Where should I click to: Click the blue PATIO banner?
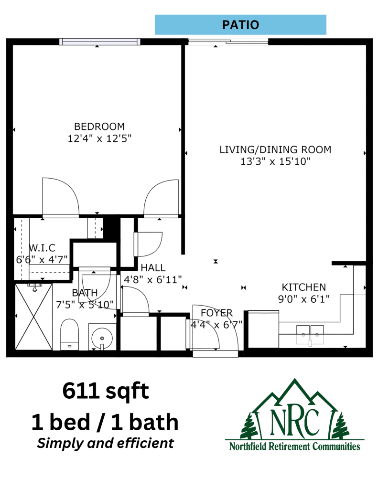[240, 25]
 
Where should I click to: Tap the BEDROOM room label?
[99, 127]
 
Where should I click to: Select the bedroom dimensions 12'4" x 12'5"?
[99, 138]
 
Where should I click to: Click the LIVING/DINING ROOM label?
[275, 149]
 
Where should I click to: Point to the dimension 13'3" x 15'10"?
[275, 161]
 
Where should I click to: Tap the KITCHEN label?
[304, 287]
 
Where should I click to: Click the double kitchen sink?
[310, 335]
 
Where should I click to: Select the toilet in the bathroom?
[69, 334]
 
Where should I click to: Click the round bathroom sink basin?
[102, 338]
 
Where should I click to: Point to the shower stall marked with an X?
[34, 317]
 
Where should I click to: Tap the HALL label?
[153, 268]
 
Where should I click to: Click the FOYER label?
[216, 313]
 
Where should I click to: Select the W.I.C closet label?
[42, 248]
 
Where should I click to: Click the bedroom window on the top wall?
[100, 42]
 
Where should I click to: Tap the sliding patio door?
[228, 42]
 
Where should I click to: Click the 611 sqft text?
[106, 391]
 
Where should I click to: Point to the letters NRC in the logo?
[295, 422]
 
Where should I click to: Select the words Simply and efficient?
[106, 443]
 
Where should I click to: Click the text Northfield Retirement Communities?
[295, 446]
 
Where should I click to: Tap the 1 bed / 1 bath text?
[105, 422]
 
